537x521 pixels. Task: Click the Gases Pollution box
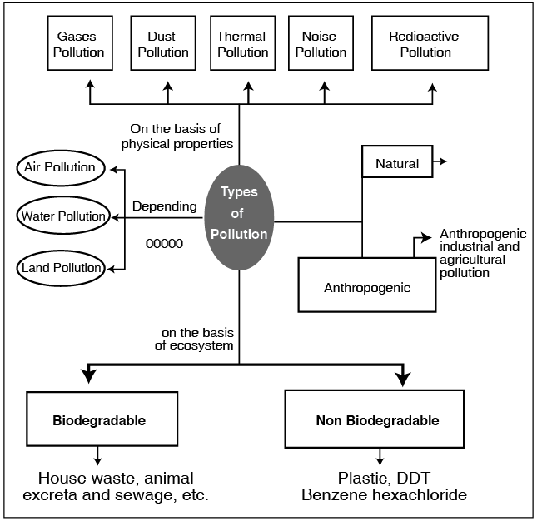coord(81,45)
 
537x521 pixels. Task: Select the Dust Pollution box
coord(163,45)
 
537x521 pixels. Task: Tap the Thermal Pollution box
coord(241,45)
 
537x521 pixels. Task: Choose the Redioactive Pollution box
coord(423,45)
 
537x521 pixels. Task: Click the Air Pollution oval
coord(59,167)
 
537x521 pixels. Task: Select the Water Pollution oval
coord(63,216)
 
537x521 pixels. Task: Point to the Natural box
coord(397,162)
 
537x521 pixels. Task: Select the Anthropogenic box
coord(367,287)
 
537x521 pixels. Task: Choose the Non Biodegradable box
coord(377,419)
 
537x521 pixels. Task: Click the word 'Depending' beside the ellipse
coord(165,206)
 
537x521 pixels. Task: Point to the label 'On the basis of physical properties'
coord(181,136)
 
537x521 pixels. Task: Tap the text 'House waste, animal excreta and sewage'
coord(116,487)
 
